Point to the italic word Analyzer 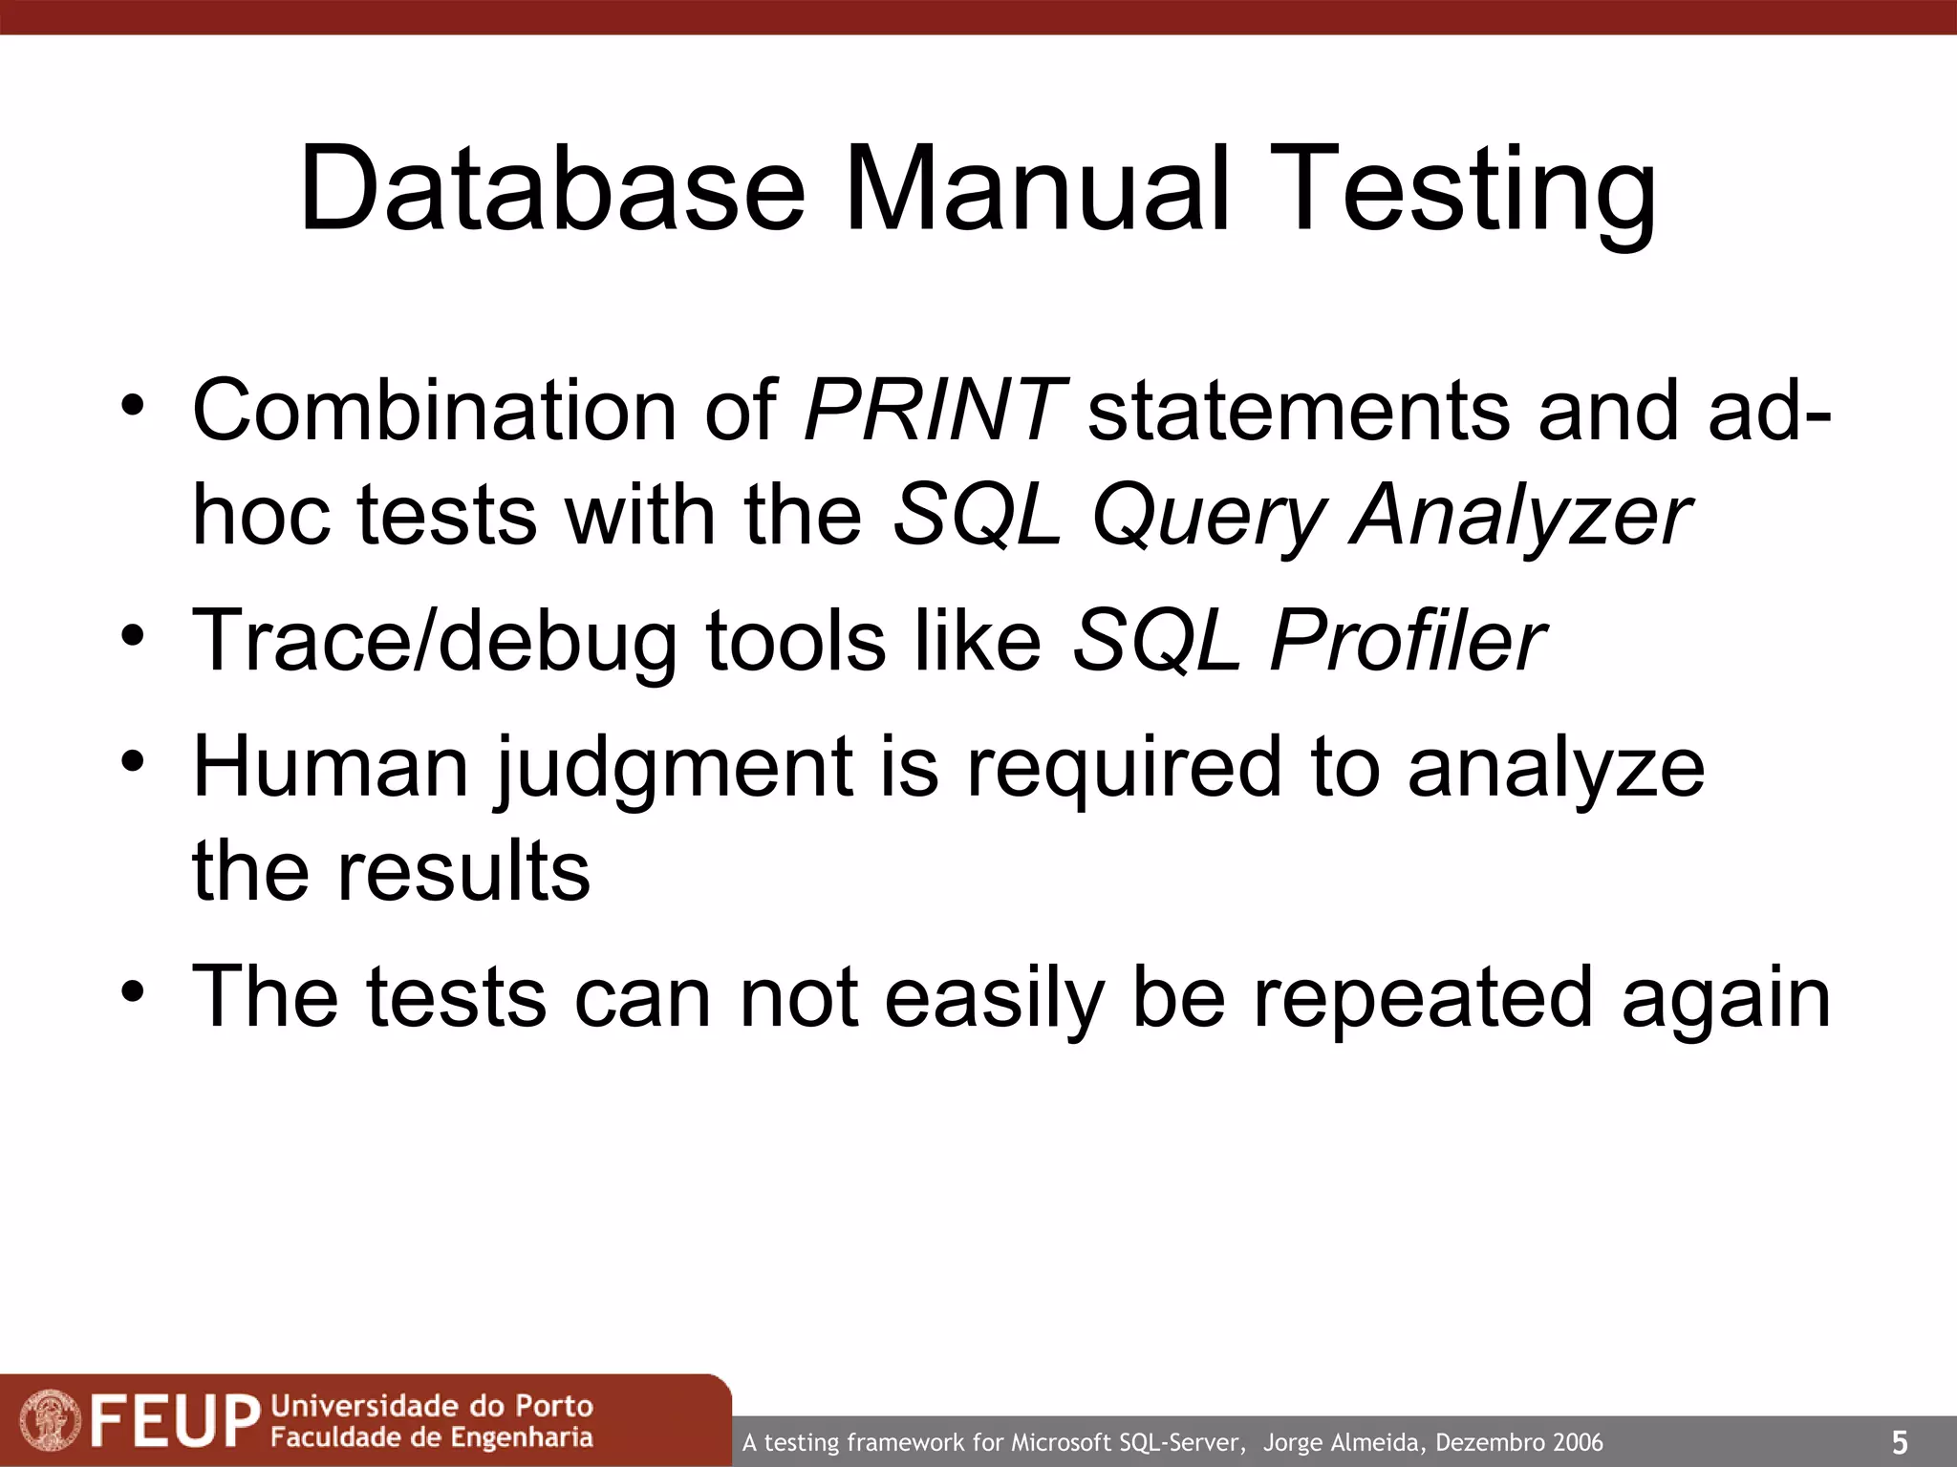pyautogui.click(x=1520, y=516)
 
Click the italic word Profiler pyautogui.click(x=1406, y=641)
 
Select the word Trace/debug pyautogui.click(x=434, y=641)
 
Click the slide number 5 pyautogui.click(x=1900, y=1442)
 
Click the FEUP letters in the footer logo pyautogui.click(x=175, y=1421)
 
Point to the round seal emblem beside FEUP pyautogui.click(x=50, y=1420)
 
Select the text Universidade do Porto pyautogui.click(x=432, y=1406)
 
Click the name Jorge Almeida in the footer pyautogui.click(x=1344, y=1442)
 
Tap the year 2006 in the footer pyautogui.click(x=1578, y=1442)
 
